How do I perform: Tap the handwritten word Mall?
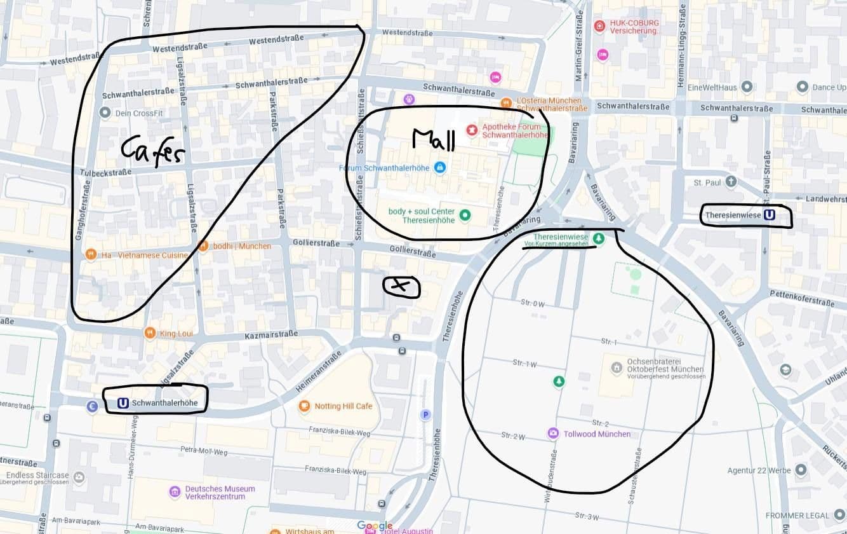pos(434,140)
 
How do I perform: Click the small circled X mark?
pos(401,287)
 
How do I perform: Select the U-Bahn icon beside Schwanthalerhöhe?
pos(123,403)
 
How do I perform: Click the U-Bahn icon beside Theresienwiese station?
pos(769,216)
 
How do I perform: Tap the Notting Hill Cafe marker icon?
pos(304,406)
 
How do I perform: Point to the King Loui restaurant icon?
pos(150,332)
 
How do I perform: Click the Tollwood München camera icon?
pos(553,434)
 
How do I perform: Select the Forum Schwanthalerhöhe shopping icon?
pos(439,168)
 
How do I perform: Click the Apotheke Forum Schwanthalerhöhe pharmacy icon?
pos(472,130)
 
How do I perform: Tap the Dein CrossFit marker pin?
pos(105,113)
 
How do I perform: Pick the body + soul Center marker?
pos(465,216)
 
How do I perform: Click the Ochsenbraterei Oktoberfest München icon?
pos(617,367)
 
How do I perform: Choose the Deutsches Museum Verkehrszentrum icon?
pos(175,492)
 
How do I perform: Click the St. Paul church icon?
pos(731,182)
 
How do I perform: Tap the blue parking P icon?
pos(425,415)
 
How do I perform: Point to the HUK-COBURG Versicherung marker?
pos(599,26)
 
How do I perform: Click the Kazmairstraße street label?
pos(271,335)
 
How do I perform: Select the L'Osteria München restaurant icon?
pos(506,102)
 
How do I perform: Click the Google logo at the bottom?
pos(375,526)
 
